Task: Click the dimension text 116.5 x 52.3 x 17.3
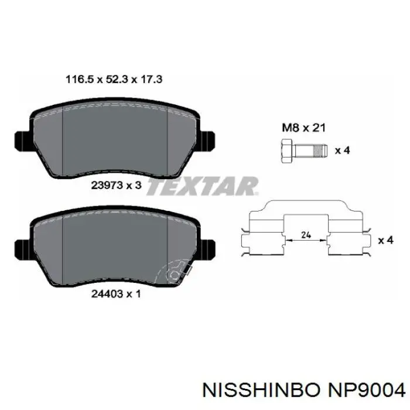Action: [x=114, y=79]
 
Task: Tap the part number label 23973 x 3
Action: [x=116, y=186]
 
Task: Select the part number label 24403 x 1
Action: [x=116, y=294]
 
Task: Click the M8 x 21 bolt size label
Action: [x=304, y=128]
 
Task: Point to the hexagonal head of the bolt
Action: [x=287, y=151]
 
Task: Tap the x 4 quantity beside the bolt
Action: [x=343, y=151]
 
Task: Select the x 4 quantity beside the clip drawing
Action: [x=386, y=240]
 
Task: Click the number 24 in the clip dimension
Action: [x=306, y=235]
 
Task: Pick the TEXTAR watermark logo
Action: [x=203, y=186]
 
